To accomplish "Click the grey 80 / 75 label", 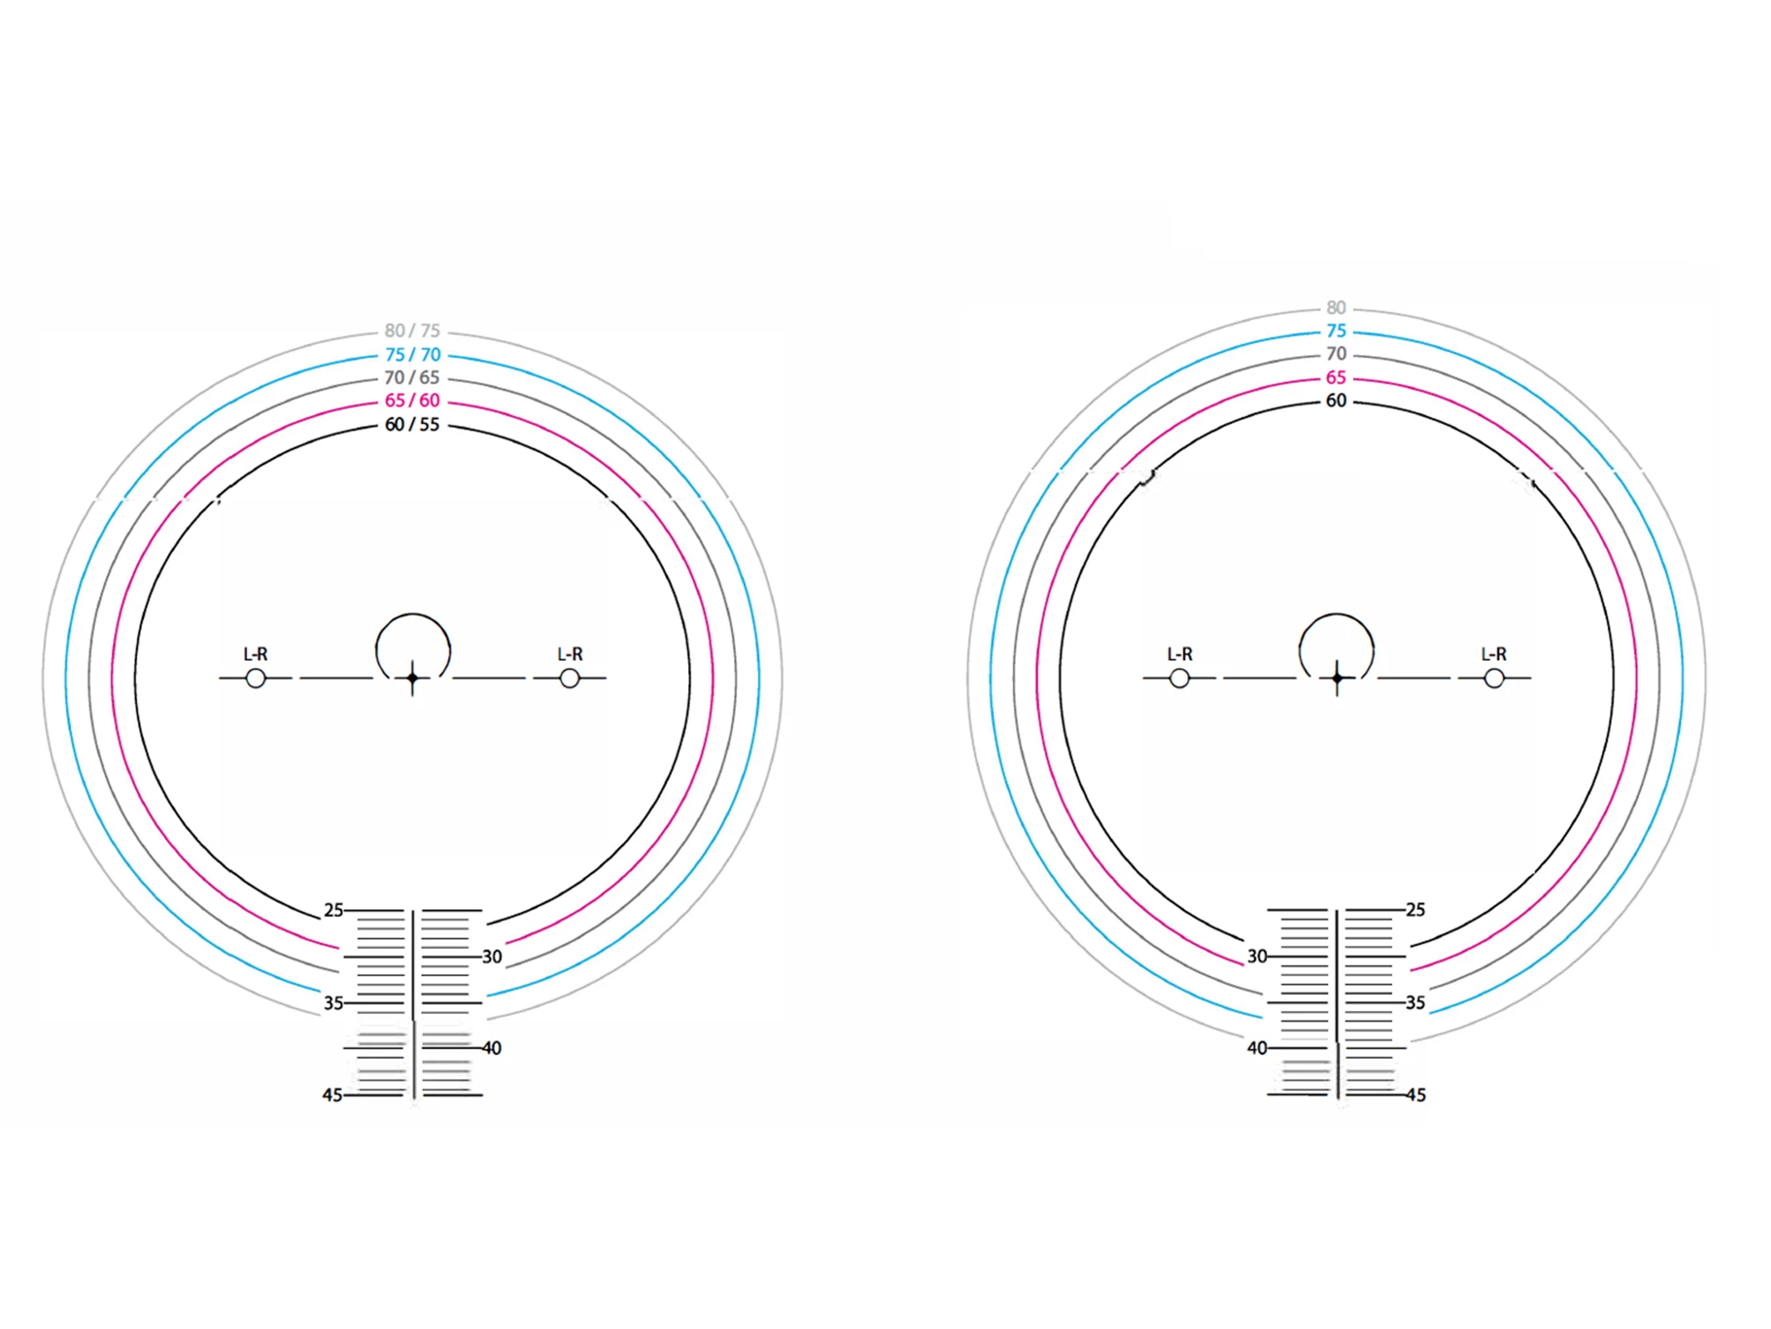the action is (x=412, y=331).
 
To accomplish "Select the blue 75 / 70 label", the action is (x=412, y=354).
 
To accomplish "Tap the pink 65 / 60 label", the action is (x=412, y=400).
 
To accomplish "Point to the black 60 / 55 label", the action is (x=412, y=424).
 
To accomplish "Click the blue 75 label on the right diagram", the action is (x=1336, y=331).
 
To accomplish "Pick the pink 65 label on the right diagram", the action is (x=1336, y=377).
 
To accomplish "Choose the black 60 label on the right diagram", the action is (x=1336, y=400).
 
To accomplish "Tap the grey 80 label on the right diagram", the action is (x=1336, y=308).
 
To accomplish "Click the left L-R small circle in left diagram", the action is (x=256, y=679).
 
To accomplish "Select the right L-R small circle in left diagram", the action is (x=569, y=679).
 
